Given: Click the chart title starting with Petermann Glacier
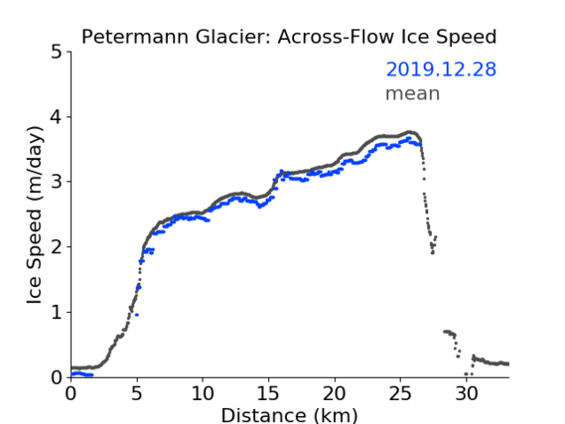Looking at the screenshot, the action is [289, 37].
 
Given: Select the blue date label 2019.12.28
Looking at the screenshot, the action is [441, 70].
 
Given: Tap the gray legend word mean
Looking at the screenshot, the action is [413, 93].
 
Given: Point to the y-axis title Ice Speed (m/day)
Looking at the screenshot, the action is [35, 215].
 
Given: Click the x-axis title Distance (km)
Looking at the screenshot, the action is [289, 415].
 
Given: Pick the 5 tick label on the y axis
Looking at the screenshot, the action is [57, 52].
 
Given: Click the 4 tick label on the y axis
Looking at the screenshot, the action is [57, 117].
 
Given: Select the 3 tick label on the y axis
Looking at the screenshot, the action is [57, 182].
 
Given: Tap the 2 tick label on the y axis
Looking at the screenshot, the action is [57, 247].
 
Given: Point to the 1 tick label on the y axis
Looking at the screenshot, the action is [57, 313].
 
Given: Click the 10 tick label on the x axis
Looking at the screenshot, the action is [203, 394].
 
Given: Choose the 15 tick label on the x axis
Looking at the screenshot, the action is [269, 394].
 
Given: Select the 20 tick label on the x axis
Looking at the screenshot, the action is [335, 394].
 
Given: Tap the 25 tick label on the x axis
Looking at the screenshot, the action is [400, 394].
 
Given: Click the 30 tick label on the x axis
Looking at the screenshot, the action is [467, 394].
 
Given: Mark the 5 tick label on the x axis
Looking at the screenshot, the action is [137, 394].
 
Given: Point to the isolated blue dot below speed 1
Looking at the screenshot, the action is [137, 315].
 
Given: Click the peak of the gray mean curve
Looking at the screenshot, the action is [409, 132].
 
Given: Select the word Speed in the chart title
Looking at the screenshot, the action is [467, 38].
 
